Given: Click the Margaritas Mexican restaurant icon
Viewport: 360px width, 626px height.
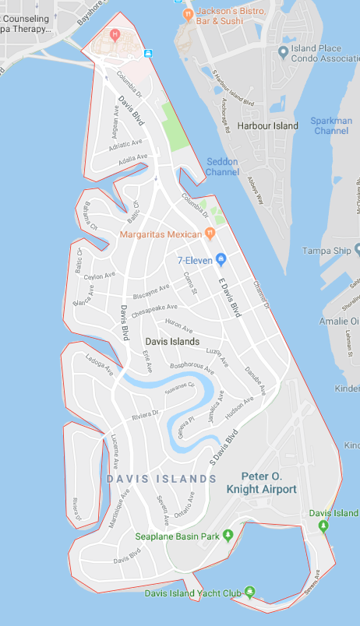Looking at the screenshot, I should click(210, 234).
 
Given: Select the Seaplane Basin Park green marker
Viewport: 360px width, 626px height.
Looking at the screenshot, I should click(228, 535).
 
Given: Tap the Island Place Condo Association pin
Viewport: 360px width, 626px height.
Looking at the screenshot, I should click(284, 51).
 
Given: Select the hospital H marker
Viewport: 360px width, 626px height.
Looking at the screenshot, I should click(115, 33).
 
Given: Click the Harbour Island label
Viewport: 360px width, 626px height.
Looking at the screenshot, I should click(268, 125).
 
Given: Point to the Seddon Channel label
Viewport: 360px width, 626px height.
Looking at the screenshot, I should click(222, 167).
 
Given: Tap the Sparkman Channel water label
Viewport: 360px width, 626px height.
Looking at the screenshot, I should click(331, 125).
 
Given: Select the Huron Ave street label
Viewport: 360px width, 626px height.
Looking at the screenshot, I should click(180, 329).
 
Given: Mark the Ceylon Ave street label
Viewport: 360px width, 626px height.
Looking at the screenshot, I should click(99, 276).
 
